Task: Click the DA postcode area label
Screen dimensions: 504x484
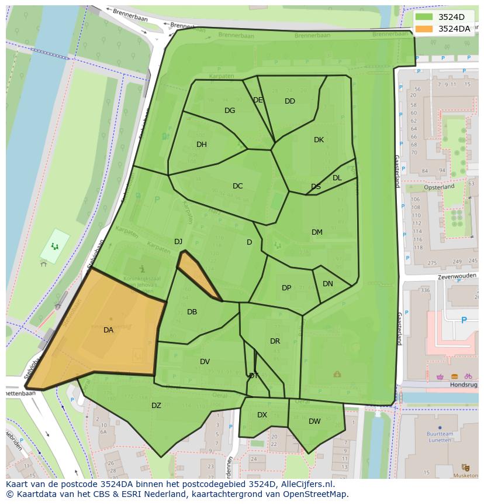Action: click(x=108, y=330)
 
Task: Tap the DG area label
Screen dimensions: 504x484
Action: click(x=230, y=111)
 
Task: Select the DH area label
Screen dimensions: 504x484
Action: click(x=201, y=145)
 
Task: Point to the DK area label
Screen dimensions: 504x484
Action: click(x=319, y=140)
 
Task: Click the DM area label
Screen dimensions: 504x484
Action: click(x=317, y=232)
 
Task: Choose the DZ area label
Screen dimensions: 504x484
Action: click(x=156, y=406)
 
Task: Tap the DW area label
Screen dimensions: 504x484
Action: click(x=314, y=421)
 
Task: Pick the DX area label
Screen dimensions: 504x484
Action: click(x=262, y=415)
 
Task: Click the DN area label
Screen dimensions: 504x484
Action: click(x=328, y=284)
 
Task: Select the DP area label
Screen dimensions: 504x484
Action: click(x=286, y=288)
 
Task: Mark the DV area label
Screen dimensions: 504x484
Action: click(x=205, y=362)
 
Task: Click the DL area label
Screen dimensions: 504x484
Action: click(x=337, y=178)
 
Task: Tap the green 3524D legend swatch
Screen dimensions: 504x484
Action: click(x=424, y=17)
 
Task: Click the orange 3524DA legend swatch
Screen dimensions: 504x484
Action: click(x=424, y=29)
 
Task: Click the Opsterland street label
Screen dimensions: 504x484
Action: click(x=439, y=187)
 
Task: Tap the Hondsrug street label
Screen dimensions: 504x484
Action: click(x=464, y=385)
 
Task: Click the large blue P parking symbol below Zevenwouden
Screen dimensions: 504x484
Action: click(x=464, y=320)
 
